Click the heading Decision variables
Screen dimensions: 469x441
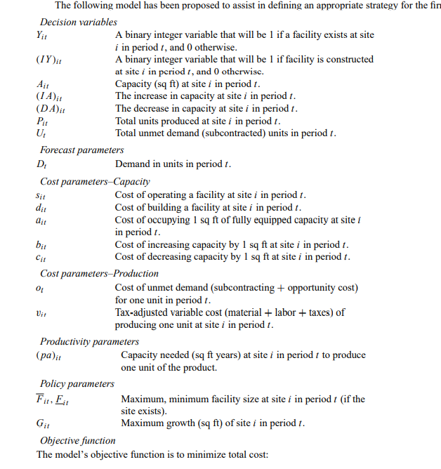click(x=79, y=22)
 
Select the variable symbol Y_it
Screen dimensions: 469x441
click(x=41, y=35)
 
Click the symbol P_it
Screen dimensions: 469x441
click(x=41, y=121)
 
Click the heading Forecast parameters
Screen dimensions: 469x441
click(x=81, y=150)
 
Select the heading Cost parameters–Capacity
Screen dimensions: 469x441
click(x=95, y=181)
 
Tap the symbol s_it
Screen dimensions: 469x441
click(x=41, y=195)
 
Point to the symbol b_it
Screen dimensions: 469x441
click(x=41, y=244)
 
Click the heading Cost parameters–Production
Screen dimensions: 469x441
click(x=99, y=273)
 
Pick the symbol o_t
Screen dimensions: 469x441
click(x=39, y=288)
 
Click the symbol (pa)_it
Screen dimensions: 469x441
click(x=48, y=356)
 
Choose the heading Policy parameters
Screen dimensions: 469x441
click(x=77, y=383)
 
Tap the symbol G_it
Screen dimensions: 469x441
click(x=42, y=424)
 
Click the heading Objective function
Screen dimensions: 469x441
click(x=78, y=440)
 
